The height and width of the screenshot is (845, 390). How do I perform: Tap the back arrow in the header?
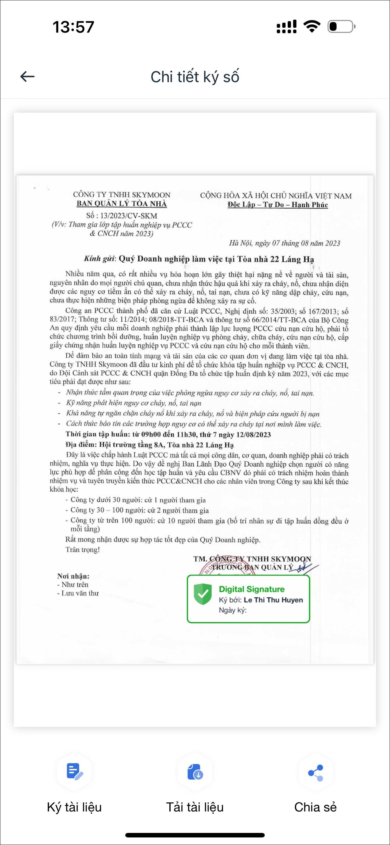click(x=27, y=77)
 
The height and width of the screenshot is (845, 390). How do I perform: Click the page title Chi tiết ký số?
click(x=195, y=77)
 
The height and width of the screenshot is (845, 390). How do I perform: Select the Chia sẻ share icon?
click(x=315, y=773)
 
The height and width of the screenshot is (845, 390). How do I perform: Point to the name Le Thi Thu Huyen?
click(x=273, y=600)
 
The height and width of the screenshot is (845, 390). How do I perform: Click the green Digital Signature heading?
click(x=251, y=589)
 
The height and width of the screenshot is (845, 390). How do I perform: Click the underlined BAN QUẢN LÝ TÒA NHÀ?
click(x=122, y=204)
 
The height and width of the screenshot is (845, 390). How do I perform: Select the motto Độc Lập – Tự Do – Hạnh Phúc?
click(x=277, y=205)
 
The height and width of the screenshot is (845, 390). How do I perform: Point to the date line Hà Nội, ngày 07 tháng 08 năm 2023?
click(x=284, y=243)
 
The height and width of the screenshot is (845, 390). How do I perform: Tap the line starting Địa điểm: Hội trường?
click(x=149, y=445)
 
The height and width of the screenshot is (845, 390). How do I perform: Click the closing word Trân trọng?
click(x=83, y=549)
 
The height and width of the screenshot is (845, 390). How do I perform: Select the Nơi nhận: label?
click(x=73, y=576)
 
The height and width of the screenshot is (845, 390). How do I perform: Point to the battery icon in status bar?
click(x=341, y=27)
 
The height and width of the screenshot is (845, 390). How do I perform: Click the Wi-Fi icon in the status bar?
click(x=312, y=26)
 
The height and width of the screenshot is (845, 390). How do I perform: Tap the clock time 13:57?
click(x=73, y=27)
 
